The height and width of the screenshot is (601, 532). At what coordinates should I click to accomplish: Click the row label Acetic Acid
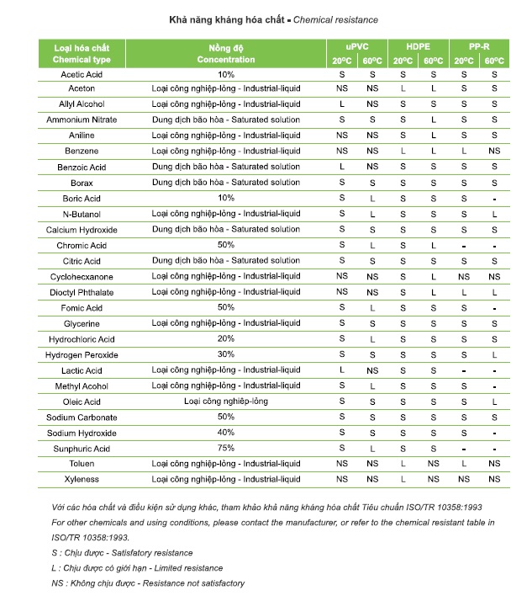point(82,74)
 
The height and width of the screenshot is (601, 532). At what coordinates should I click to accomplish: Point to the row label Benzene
point(82,151)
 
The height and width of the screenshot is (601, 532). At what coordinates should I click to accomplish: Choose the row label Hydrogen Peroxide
point(82,355)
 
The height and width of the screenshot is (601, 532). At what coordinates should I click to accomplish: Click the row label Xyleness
point(82,479)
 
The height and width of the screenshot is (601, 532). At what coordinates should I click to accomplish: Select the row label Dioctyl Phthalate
point(82,293)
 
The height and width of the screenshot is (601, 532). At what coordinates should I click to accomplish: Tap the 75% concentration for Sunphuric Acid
point(226,448)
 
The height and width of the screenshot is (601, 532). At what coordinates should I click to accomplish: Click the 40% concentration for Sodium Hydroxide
point(226,433)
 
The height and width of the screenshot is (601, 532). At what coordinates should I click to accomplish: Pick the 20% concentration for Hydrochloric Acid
point(226,339)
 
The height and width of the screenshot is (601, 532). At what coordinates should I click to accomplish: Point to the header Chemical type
point(82,61)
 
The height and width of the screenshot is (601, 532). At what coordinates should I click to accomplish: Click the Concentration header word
point(226,60)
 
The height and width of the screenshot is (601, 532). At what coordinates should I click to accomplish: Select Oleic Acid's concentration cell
point(226,402)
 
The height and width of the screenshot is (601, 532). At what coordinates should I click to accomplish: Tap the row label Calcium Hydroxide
point(82,231)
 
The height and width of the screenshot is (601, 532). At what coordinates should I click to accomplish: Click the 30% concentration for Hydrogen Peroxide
point(226,354)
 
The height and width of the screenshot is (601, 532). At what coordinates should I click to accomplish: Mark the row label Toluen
point(82,464)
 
